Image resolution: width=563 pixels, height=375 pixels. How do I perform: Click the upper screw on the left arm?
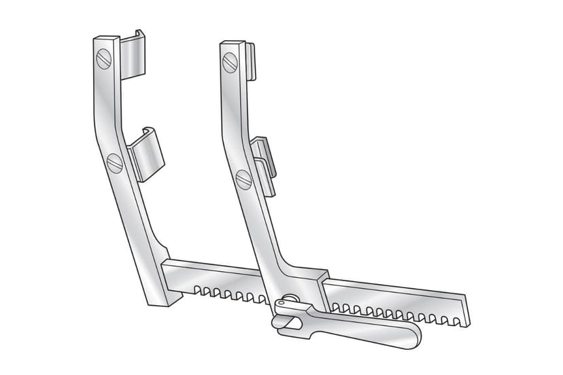[x=103, y=60]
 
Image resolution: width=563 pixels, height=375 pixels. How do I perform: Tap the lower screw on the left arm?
[x=114, y=162]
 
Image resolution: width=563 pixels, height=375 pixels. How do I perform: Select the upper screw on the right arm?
[x=230, y=62]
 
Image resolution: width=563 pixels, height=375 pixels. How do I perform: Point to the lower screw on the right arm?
[x=244, y=179]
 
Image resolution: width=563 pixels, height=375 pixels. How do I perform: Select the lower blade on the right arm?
[x=266, y=163]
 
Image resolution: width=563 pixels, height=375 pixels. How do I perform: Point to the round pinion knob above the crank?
[x=290, y=300]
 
